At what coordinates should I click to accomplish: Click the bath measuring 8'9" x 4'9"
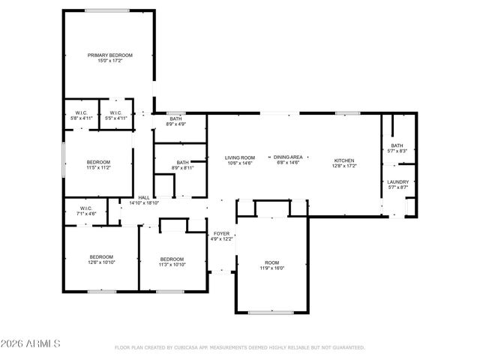click(175, 121)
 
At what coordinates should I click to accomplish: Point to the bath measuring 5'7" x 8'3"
click(397, 148)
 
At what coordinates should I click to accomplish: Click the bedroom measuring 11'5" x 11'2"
click(98, 165)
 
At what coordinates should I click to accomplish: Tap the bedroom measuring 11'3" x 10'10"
click(172, 262)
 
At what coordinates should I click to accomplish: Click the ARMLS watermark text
click(31, 344)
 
